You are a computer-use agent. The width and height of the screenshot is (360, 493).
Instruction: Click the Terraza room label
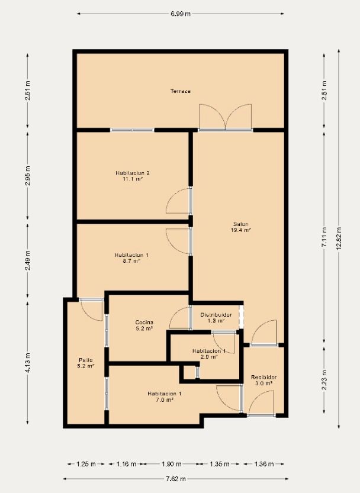181,91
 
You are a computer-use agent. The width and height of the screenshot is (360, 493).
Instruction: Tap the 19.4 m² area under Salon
241,230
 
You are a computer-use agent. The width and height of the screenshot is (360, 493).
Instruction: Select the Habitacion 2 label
133,173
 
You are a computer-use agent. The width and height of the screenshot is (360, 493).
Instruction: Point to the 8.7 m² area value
131,260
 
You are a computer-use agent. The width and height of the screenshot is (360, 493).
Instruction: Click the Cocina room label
144,323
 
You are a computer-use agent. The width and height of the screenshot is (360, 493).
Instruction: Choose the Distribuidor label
216,315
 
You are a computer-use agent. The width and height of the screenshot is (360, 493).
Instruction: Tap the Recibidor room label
263,377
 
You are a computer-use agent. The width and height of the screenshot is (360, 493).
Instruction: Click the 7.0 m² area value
164,399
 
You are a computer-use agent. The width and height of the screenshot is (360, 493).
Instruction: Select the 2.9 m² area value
209,356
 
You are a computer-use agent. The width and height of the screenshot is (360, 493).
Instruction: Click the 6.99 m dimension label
181,14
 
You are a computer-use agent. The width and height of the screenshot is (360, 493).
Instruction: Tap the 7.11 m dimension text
324,237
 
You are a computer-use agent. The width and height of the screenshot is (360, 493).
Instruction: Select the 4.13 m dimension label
28,363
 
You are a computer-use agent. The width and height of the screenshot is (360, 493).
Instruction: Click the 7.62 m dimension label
176,479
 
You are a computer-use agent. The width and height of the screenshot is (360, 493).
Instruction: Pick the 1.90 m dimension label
172,464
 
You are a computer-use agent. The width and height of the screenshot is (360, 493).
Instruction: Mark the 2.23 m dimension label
324,380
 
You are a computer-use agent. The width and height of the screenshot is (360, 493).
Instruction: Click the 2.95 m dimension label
28,175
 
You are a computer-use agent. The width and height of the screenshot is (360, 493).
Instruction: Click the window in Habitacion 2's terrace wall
132,130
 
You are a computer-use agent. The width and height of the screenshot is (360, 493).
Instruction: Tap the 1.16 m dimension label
126,464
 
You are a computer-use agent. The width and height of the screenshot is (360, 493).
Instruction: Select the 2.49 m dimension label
28,260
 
